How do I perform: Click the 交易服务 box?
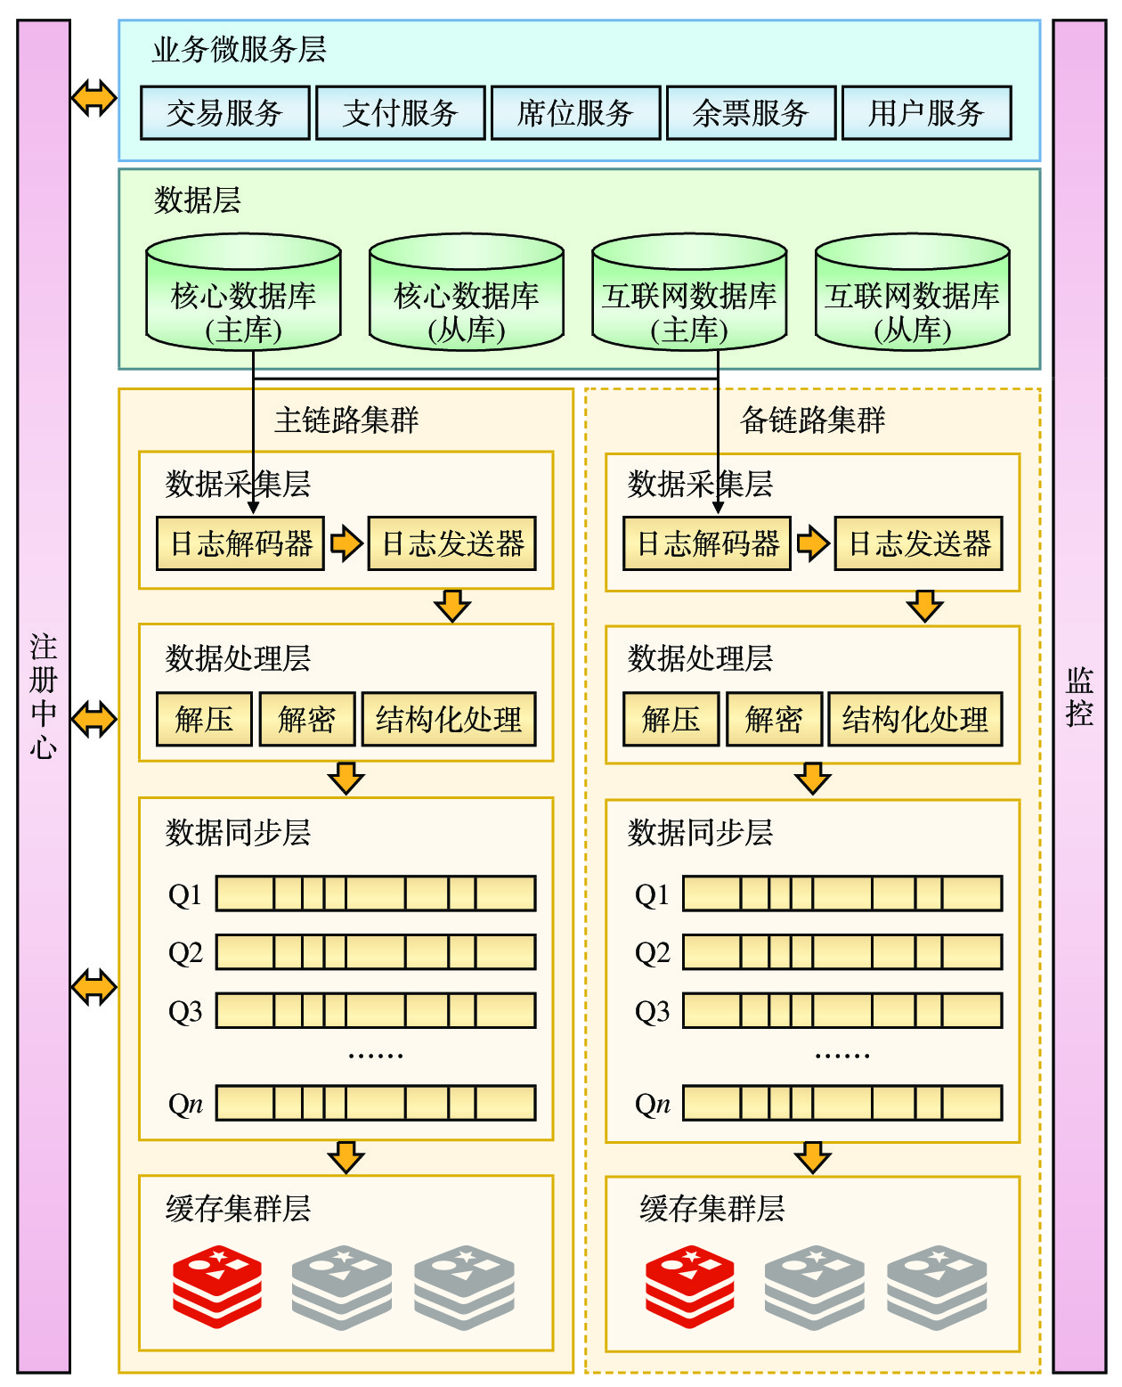point(224,113)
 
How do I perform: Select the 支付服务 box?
point(400,113)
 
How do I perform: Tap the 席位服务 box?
point(575,113)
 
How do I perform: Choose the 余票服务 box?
point(751,113)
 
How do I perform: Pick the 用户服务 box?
point(926,113)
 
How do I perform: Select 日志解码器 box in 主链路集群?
point(240,543)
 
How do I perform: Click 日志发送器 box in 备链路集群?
point(918,543)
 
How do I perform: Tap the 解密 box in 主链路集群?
point(306,719)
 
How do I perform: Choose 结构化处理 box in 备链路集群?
point(915,719)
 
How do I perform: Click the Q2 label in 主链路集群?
point(185,953)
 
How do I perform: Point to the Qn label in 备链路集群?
point(652,1105)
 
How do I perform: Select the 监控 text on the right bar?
point(1079,697)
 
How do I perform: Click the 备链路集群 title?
point(812,420)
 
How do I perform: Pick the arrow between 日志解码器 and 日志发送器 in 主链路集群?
point(346,543)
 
